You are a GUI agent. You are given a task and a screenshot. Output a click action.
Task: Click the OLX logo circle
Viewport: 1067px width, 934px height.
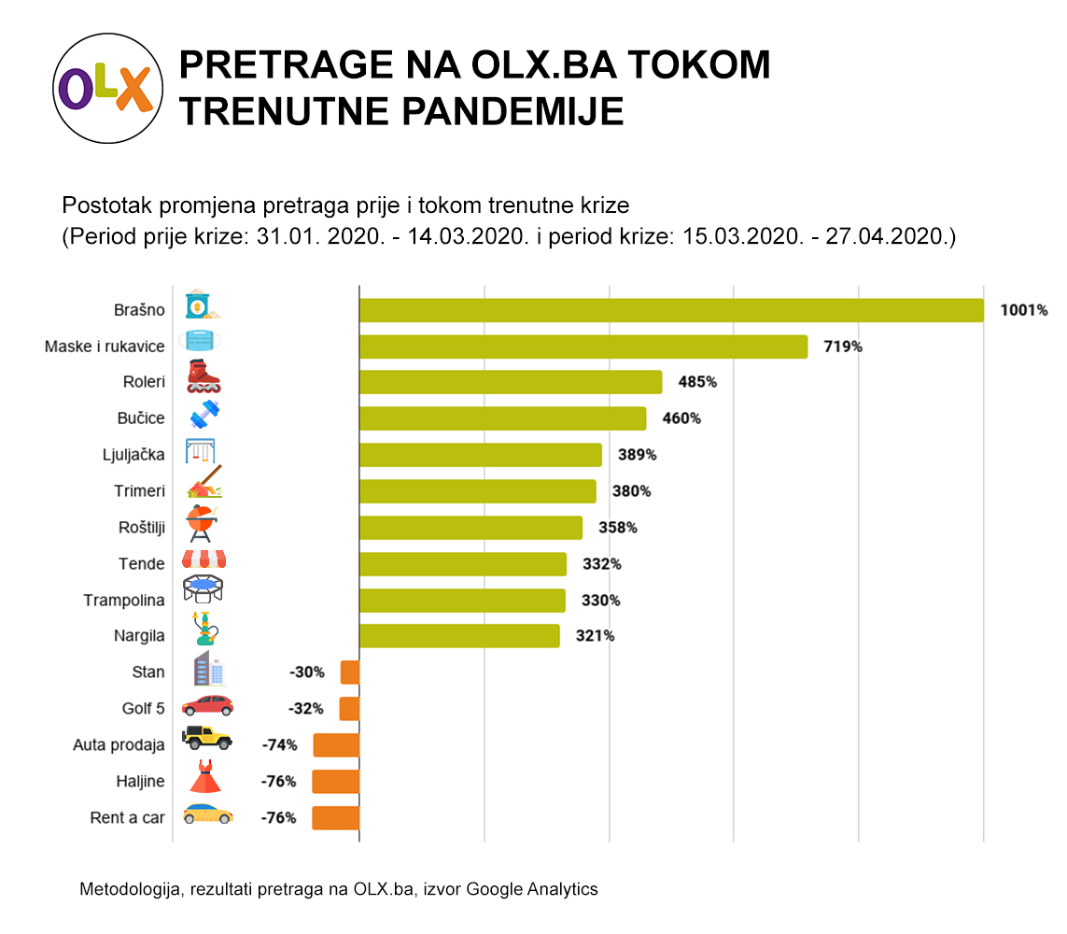tap(103, 89)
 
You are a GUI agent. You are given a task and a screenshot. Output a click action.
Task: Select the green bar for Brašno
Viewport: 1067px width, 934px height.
tap(671, 310)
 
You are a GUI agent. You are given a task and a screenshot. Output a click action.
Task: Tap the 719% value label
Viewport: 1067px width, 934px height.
tap(842, 347)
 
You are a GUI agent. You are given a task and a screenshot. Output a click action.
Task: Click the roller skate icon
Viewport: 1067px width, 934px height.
tap(203, 377)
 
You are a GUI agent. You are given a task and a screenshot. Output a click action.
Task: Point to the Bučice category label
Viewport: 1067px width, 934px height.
tap(143, 418)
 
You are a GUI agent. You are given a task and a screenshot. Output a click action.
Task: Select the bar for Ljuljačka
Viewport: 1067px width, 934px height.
tap(480, 455)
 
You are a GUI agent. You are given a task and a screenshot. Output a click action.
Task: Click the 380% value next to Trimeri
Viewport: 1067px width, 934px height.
tap(631, 491)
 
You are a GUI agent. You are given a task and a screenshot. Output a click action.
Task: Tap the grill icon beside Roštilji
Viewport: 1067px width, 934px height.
tap(202, 523)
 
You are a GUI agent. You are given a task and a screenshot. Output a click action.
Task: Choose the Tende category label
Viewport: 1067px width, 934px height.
tap(141, 564)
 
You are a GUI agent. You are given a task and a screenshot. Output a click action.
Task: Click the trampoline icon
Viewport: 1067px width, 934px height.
tap(203, 588)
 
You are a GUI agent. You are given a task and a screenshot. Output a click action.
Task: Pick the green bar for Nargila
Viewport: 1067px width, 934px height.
tap(459, 636)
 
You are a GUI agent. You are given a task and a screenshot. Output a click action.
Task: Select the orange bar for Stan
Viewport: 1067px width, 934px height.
tap(350, 672)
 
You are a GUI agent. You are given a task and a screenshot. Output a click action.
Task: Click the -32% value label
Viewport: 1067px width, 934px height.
tap(306, 709)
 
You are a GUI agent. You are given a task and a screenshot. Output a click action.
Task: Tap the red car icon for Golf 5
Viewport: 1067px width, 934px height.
tap(206, 705)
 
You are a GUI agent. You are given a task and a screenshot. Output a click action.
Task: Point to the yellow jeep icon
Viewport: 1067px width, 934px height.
tap(205, 738)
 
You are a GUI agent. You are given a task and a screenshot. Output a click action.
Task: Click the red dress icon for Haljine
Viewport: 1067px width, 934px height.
tap(204, 777)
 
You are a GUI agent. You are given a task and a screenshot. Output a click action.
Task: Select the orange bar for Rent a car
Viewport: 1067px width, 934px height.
tap(335, 818)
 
